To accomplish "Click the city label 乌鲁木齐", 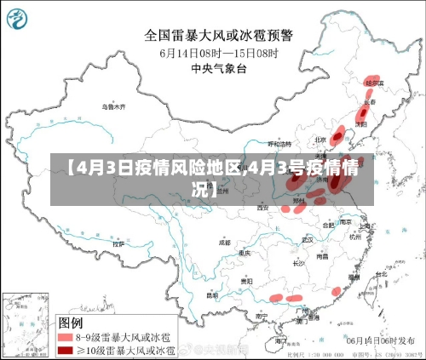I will click(x=112, y=107).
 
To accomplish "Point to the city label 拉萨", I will click(x=118, y=243).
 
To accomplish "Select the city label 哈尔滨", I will click(x=373, y=83).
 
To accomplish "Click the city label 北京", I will click(x=320, y=139).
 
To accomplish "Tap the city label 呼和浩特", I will click(x=280, y=145).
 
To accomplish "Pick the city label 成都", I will click(x=224, y=242).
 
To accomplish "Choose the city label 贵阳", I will click(x=247, y=281).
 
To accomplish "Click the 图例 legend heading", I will click(x=70, y=323).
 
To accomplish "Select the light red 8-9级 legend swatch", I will click(x=64, y=337).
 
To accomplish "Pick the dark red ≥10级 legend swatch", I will click(x=64, y=350).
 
